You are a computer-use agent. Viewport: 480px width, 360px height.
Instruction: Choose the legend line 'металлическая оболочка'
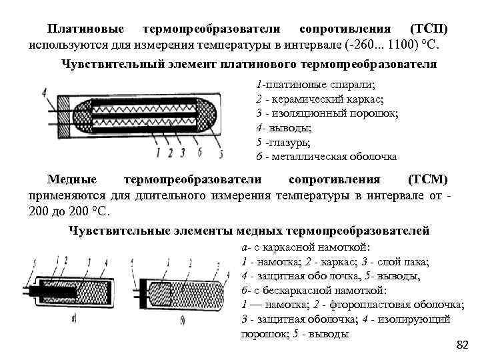tap(336, 157)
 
